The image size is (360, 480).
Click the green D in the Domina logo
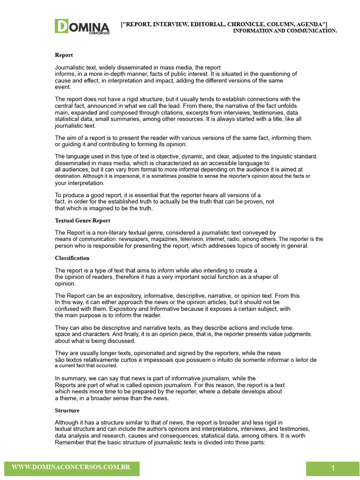[x=61, y=26]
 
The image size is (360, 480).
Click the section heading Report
[x=64, y=55]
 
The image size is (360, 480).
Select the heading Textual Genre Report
[x=82, y=220]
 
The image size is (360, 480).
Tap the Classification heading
[x=72, y=258]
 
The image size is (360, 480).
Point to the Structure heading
[x=67, y=410]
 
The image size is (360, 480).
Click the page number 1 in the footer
[x=333, y=469]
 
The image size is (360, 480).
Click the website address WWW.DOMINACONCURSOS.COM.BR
[x=71, y=467]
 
